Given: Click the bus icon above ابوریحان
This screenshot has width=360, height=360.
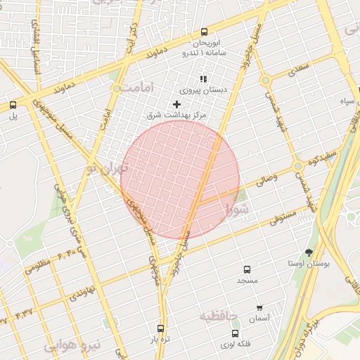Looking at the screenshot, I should (x=204, y=32).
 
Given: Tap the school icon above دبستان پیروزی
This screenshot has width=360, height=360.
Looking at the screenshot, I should (x=203, y=79).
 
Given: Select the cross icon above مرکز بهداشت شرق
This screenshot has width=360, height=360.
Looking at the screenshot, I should (x=176, y=104).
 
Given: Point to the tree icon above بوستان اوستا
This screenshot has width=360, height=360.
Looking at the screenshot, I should (x=309, y=252).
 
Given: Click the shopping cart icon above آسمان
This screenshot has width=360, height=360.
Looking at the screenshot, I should (x=260, y=308).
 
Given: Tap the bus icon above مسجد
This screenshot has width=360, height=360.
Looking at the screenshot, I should (x=247, y=269).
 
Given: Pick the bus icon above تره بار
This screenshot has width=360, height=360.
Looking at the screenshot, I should (x=161, y=328).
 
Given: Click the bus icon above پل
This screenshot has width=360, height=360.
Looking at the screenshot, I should (x=13, y=105).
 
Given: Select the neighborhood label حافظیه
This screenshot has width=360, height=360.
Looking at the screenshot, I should (x=219, y=316).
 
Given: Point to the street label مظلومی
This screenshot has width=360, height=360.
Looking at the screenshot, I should (x=38, y=266).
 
